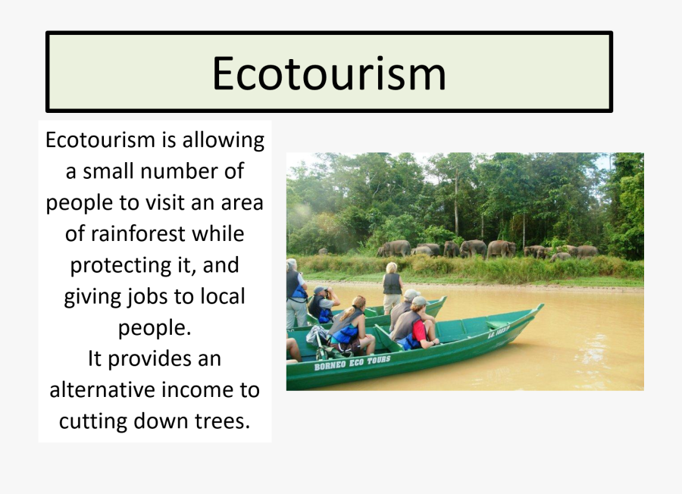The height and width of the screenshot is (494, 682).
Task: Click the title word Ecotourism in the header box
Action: (329, 73)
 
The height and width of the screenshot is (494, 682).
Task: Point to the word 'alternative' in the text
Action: (102, 389)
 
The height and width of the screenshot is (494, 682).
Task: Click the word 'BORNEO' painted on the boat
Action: (330, 364)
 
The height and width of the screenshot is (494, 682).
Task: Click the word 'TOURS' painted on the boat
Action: (377, 361)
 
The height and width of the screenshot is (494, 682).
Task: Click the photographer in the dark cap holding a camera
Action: (322, 304)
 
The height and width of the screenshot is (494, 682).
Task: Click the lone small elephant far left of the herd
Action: (323, 251)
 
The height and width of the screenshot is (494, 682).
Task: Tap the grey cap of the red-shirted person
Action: (419, 302)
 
